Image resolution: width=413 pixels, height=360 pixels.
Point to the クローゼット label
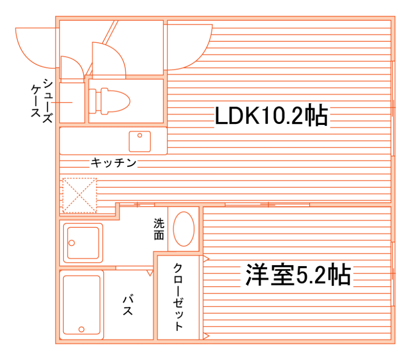178,297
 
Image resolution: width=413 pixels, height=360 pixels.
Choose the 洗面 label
158,229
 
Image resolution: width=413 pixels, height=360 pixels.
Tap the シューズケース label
41,98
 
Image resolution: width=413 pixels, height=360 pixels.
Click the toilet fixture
109,101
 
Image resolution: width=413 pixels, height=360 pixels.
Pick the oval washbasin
184,229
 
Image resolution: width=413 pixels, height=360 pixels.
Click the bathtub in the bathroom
82,304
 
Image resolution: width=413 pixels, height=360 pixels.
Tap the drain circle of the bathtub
82,330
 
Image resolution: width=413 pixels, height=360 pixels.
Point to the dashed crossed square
79,195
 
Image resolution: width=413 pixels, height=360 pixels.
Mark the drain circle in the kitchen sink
140,135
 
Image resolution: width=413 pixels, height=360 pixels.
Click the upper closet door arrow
206,258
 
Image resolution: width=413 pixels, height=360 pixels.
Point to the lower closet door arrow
206,336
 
